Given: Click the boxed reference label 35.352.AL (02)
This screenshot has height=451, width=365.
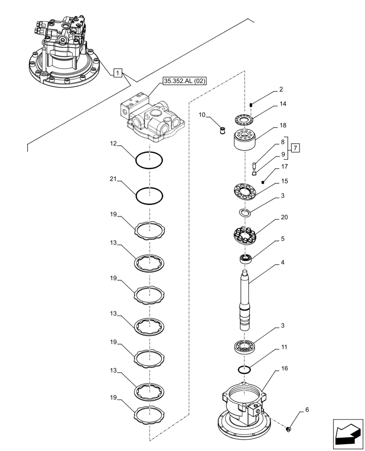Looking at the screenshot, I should pyautogui.click(x=184, y=81).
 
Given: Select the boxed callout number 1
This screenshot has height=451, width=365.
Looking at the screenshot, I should pyautogui.click(x=117, y=73).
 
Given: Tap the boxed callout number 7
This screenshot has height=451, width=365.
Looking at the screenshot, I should pyautogui.click(x=295, y=147).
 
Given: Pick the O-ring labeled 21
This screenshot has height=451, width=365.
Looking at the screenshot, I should pyautogui.click(x=150, y=196).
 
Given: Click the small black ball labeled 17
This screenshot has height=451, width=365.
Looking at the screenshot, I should pyautogui.click(x=263, y=182).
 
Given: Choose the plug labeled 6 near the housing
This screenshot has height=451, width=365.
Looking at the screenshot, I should pyautogui.click(x=289, y=428).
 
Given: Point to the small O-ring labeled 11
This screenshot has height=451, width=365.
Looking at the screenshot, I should pyautogui.click(x=244, y=370).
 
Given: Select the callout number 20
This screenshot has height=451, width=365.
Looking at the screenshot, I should pyautogui.click(x=284, y=217).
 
